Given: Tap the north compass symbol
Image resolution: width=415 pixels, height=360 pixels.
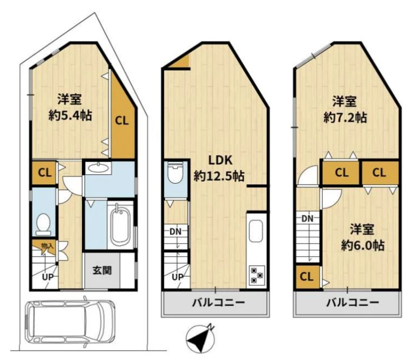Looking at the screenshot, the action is (x=200, y=338).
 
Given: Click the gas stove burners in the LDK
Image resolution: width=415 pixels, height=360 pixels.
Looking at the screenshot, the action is (x=256, y=275).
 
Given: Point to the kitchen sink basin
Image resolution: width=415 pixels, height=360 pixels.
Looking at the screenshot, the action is (x=256, y=231).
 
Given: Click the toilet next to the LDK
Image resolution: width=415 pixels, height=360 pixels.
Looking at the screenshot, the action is (x=176, y=172).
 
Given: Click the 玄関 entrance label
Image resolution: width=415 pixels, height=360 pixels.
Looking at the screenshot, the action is (x=102, y=270).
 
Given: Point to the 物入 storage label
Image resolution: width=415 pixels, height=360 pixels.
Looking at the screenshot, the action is (x=47, y=246).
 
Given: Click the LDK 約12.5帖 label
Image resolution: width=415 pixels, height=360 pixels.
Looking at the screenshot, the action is (x=219, y=169).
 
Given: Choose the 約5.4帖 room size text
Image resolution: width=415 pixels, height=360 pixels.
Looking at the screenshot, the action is (x=70, y=116).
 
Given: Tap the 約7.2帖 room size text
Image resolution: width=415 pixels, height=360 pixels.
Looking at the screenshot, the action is (x=345, y=117).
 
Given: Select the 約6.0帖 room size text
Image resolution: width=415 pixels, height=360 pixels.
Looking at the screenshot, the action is (x=363, y=245).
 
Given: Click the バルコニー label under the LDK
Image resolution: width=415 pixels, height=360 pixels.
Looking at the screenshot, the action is (x=218, y=302).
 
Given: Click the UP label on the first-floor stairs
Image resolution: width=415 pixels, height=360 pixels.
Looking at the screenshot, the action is (x=48, y=278).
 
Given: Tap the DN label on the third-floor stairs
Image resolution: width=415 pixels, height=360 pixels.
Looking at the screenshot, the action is (x=307, y=219).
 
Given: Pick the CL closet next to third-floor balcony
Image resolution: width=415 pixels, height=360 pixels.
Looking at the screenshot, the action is (x=307, y=277).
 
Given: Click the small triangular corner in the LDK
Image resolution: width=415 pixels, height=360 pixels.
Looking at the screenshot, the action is (x=182, y=62).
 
